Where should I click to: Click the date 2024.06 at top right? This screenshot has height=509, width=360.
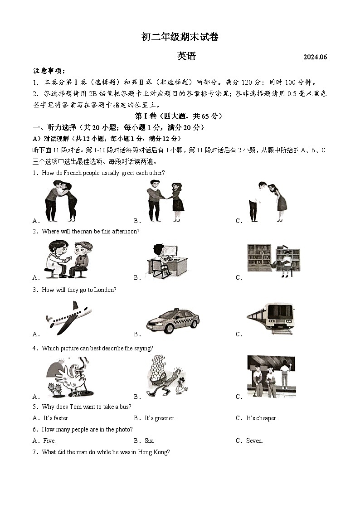pos(315,57)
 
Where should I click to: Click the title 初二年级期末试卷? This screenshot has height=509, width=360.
pos(180,37)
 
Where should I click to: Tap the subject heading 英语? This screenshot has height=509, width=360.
pos(186,56)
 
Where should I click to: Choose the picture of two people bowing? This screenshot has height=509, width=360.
pos(268,201)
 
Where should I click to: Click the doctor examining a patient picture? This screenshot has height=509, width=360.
pos(68,259)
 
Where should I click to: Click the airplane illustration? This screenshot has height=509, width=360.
pos(68,317)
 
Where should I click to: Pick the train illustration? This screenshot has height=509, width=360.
pos(271,317)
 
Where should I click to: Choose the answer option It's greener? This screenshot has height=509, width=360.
pos(160,418)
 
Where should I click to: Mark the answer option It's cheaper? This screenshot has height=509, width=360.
pos(262,418)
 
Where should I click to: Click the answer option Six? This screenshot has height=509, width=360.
pos(149,441)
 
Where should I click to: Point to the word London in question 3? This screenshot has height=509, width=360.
pos(105,290)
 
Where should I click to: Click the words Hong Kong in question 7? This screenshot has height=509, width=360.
pos(155,452)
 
